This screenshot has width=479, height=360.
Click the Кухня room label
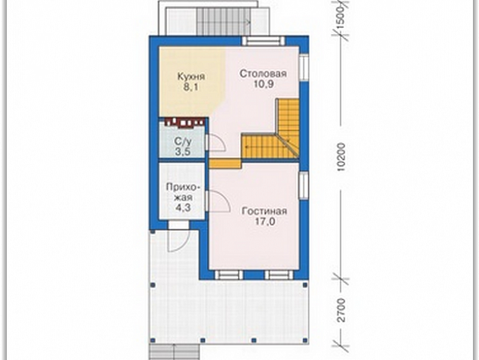tap(191, 76)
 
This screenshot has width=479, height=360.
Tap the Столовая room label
tap(263, 74)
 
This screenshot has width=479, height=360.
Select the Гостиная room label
tap(264, 211)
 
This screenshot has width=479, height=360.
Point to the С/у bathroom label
tap(183, 141)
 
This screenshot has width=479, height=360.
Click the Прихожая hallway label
tap(184, 192)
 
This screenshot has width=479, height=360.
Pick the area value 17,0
tap(265, 222)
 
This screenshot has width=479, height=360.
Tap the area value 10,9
tap(264, 84)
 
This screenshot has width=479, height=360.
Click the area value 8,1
tap(191, 87)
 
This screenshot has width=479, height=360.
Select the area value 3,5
tap(183, 152)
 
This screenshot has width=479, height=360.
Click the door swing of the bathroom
tap(216, 143)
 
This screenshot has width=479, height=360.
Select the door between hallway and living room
tap(218, 200)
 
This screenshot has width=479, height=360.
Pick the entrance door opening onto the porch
tap(179, 241)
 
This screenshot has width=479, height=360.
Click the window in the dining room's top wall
tap(264, 41)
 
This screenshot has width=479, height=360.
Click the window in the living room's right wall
tap(304, 185)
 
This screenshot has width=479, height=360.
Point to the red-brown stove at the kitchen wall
tap(184, 122)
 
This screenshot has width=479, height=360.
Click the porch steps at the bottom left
tap(175, 352)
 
